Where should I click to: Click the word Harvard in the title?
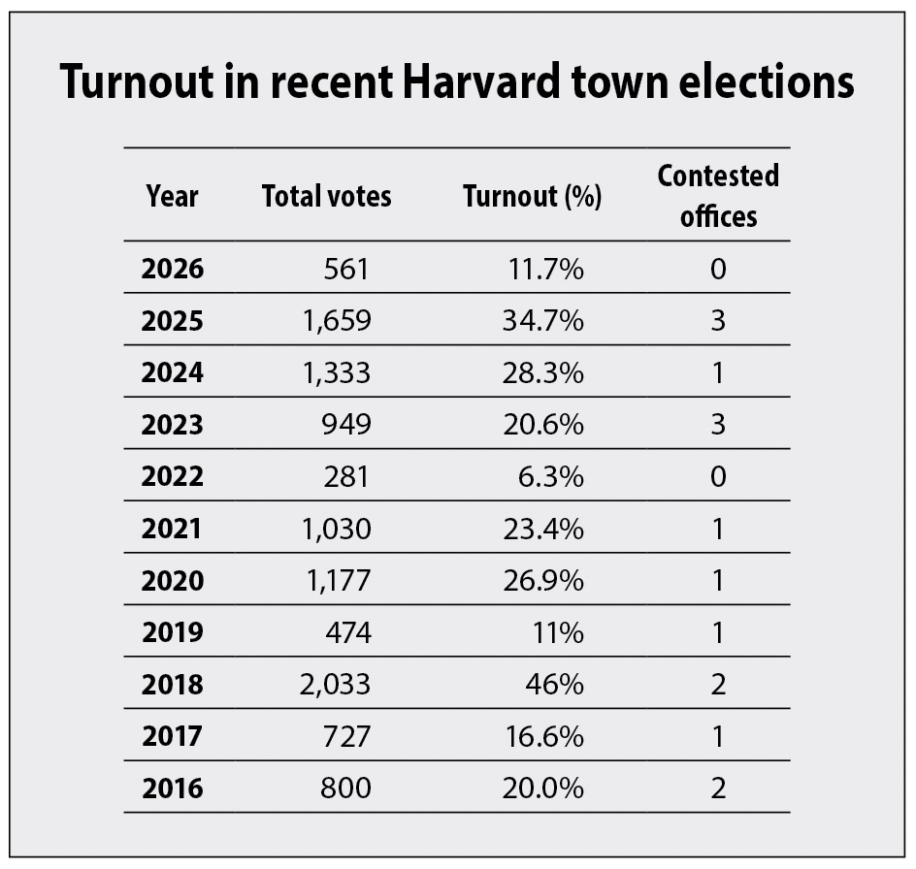482,80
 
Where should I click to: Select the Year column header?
173,196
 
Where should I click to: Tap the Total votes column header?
327,196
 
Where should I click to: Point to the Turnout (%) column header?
532,196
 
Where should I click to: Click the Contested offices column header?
719,196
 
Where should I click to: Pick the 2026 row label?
173,270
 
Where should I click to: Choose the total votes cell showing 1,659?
337,321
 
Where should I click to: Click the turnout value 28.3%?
543,372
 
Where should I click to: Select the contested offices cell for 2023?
719,425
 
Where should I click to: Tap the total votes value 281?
346,476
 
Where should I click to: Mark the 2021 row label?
172,529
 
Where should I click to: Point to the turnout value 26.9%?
543,581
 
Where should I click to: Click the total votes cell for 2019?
348,632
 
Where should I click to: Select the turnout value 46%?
554,685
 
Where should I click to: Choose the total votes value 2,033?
336,685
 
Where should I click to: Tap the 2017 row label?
173,736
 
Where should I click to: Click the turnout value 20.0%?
543,789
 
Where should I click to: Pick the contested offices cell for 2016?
719,789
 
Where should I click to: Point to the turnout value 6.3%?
551,476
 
